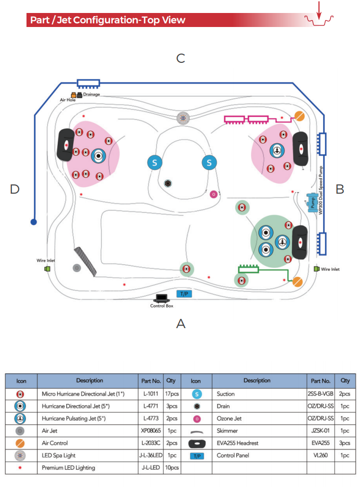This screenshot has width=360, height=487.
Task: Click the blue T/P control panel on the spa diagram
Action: (x=184, y=293)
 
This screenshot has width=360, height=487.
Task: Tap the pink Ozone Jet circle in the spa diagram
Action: (x=214, y=194)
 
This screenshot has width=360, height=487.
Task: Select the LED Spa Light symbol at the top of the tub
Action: (x=183, y=118)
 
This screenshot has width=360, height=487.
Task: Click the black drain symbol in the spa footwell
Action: (x=168, y=183)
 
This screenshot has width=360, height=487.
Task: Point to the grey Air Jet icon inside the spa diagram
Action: (x=77, y=268)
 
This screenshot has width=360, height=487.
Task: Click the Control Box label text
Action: (x=162, y=306)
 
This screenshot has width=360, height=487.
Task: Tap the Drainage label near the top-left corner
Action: (x=91, y=94)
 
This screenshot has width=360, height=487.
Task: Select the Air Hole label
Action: (x=68, y=100)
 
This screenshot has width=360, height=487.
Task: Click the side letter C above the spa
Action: (x=181, y=58)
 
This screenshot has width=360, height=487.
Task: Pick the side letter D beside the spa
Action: (x=15, y=189)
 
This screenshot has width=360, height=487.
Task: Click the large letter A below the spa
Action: (x=181, y=323)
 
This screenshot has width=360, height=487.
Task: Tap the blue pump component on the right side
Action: (x=312, y=202)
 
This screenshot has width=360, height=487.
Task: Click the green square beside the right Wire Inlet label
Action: (x=316, y=268)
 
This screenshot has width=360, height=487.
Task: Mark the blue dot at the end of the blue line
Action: (x=34, y=222)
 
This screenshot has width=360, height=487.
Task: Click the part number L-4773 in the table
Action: (x=151, y=418)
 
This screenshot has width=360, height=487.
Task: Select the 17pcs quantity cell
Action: (x=172, y=394)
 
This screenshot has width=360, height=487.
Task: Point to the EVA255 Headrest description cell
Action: (x=237, y=443)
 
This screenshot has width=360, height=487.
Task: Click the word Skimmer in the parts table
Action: (x=227, y=431)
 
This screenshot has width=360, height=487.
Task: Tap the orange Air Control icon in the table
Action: (x=20, y=443)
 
